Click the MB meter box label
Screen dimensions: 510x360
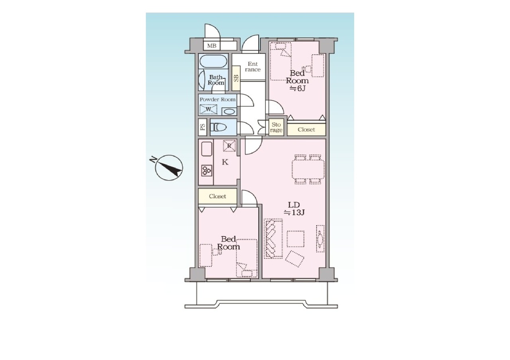coord(212,46)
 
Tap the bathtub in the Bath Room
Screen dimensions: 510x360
coord(213,61)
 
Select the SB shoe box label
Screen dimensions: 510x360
coord(236,78)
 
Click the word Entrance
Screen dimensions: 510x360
coord(253,67)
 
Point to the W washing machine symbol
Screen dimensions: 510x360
coord(208,109)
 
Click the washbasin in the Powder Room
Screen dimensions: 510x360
coord(229,112)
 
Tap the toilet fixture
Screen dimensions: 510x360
coord(218,127)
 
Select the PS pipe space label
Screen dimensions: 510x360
coord(202,127)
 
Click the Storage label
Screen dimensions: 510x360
coord(276,127)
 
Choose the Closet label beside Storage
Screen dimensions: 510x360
coord(306,130)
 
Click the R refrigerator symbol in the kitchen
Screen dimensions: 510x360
coord(229,146)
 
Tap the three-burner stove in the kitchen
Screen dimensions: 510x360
coord(207,170)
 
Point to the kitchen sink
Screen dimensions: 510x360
coord(207,149)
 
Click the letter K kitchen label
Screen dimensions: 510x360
coord(225,162)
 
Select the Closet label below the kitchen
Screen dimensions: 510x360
coord(218,196)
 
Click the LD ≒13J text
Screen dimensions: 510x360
coord(294,209)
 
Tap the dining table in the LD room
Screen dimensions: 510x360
coord(308,169)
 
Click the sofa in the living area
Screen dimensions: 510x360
coord(273,238)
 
